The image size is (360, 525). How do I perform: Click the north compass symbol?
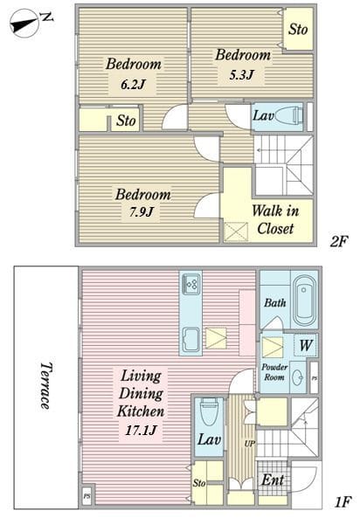pyautogui.click(x=25, y=24)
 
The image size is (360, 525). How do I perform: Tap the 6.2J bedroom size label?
pyautogui.click(x=133, y=84)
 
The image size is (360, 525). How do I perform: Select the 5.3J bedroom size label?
pyautogui.click(x=241, y=74)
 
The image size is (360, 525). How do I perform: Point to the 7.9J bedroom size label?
pyautogui.click(x=142, y=212)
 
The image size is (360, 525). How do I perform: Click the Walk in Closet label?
pyautogui.click(x=275, y=219)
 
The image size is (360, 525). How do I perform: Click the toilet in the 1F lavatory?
pyautogui.click(x=209, y=411)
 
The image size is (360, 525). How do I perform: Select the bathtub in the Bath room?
pyautogui.click(x=304, y=297)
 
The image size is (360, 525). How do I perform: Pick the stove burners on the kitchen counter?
pyautogui.click(x=191, y=284)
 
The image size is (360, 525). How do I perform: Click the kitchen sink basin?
pyautogui.click(x=191, y=340)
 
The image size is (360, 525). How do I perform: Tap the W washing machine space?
pyautogui.click(x=306, y=346)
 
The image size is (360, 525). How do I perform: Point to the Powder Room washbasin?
pyautogui.click(x=297, y=377)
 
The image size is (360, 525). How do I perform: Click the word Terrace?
pyautogui.click(x=45, y=386)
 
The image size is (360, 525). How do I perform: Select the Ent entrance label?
pyautogui.click(x=273, y=480)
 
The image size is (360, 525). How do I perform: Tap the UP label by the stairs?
pyautogui.click(x=250, y=444)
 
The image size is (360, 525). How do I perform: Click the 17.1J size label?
pyautogui.click(x=141, y=430)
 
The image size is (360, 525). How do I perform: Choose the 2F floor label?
pyautogui.click(x=339, y=241)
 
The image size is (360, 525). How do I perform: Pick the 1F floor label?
pyautogui.click(x=343, y=501)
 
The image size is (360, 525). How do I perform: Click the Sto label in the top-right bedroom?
pyautogui.click(x=298, y=29)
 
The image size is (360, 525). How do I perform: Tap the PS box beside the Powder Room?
pyautogui.click(x=314, y=378)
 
